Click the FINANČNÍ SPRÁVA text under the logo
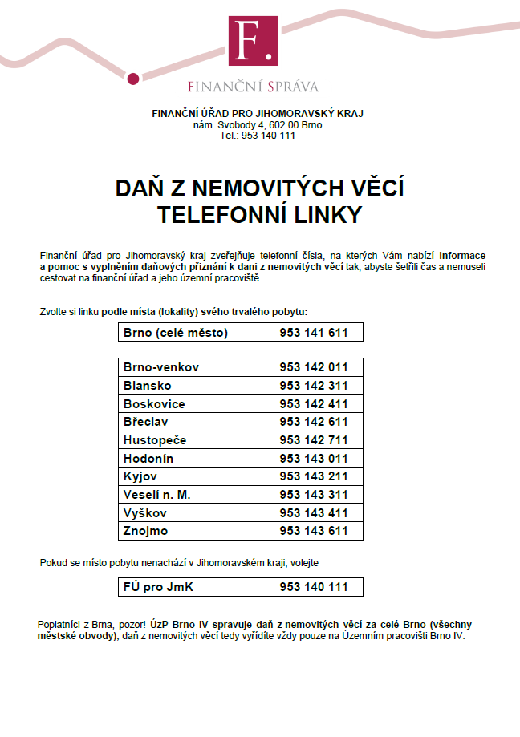click(x=253, y=87)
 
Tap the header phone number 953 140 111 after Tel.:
click(x=268, y=136)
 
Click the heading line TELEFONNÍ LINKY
click(x=259, y=215)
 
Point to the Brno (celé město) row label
click(x=176, y=333)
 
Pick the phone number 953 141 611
click(x=314, y=333)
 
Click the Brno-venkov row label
click(x=161, y=368)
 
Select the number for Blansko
click(x=314, y=386)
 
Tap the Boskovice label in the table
click(x=154, y=404)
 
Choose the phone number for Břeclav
click(x=314, y=422)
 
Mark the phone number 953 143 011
click(x=314, y=459)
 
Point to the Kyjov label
click(x=140, y=476)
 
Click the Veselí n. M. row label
click(x=157, y=495)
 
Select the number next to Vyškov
click(x=314, y=513)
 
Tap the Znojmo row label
click(x=146, y=531)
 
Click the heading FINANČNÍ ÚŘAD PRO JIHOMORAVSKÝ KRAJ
click(x=257, y=113)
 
